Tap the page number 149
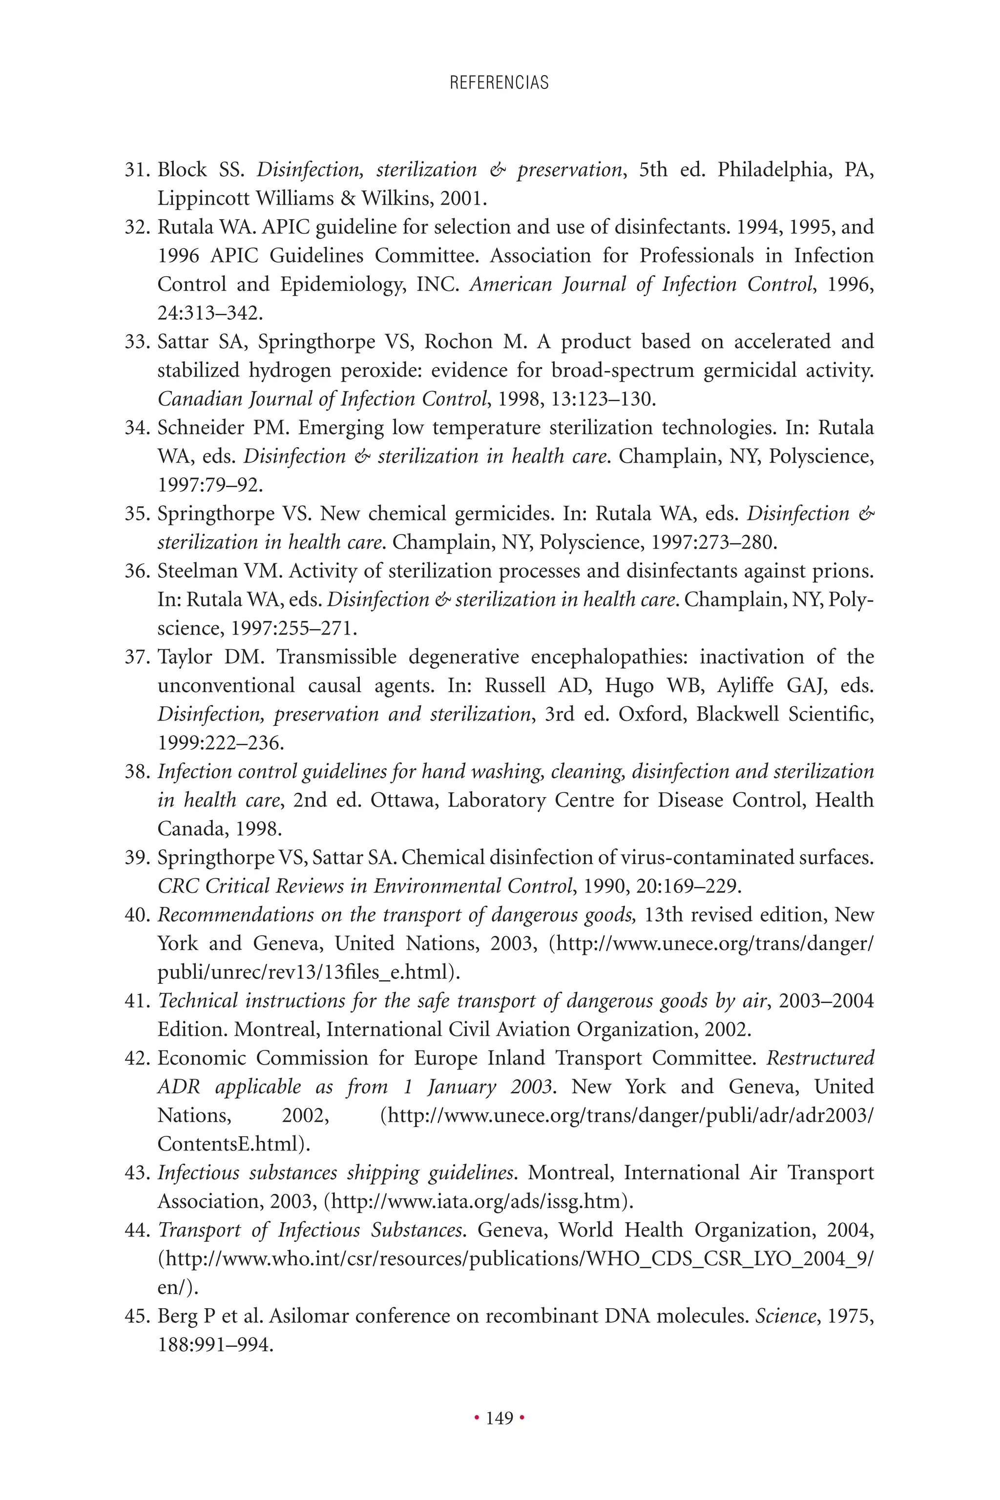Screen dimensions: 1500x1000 coord(500,1418)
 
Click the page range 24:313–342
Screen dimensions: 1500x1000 coord(210,313)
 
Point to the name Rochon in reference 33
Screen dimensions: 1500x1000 coord(459,342)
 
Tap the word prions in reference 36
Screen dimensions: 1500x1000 coord(842,571)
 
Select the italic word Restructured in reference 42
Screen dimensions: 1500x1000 coord(819,1058)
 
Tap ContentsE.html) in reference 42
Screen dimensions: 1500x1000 coord(233,1144)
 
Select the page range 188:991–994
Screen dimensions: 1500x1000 coord(215,1345)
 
